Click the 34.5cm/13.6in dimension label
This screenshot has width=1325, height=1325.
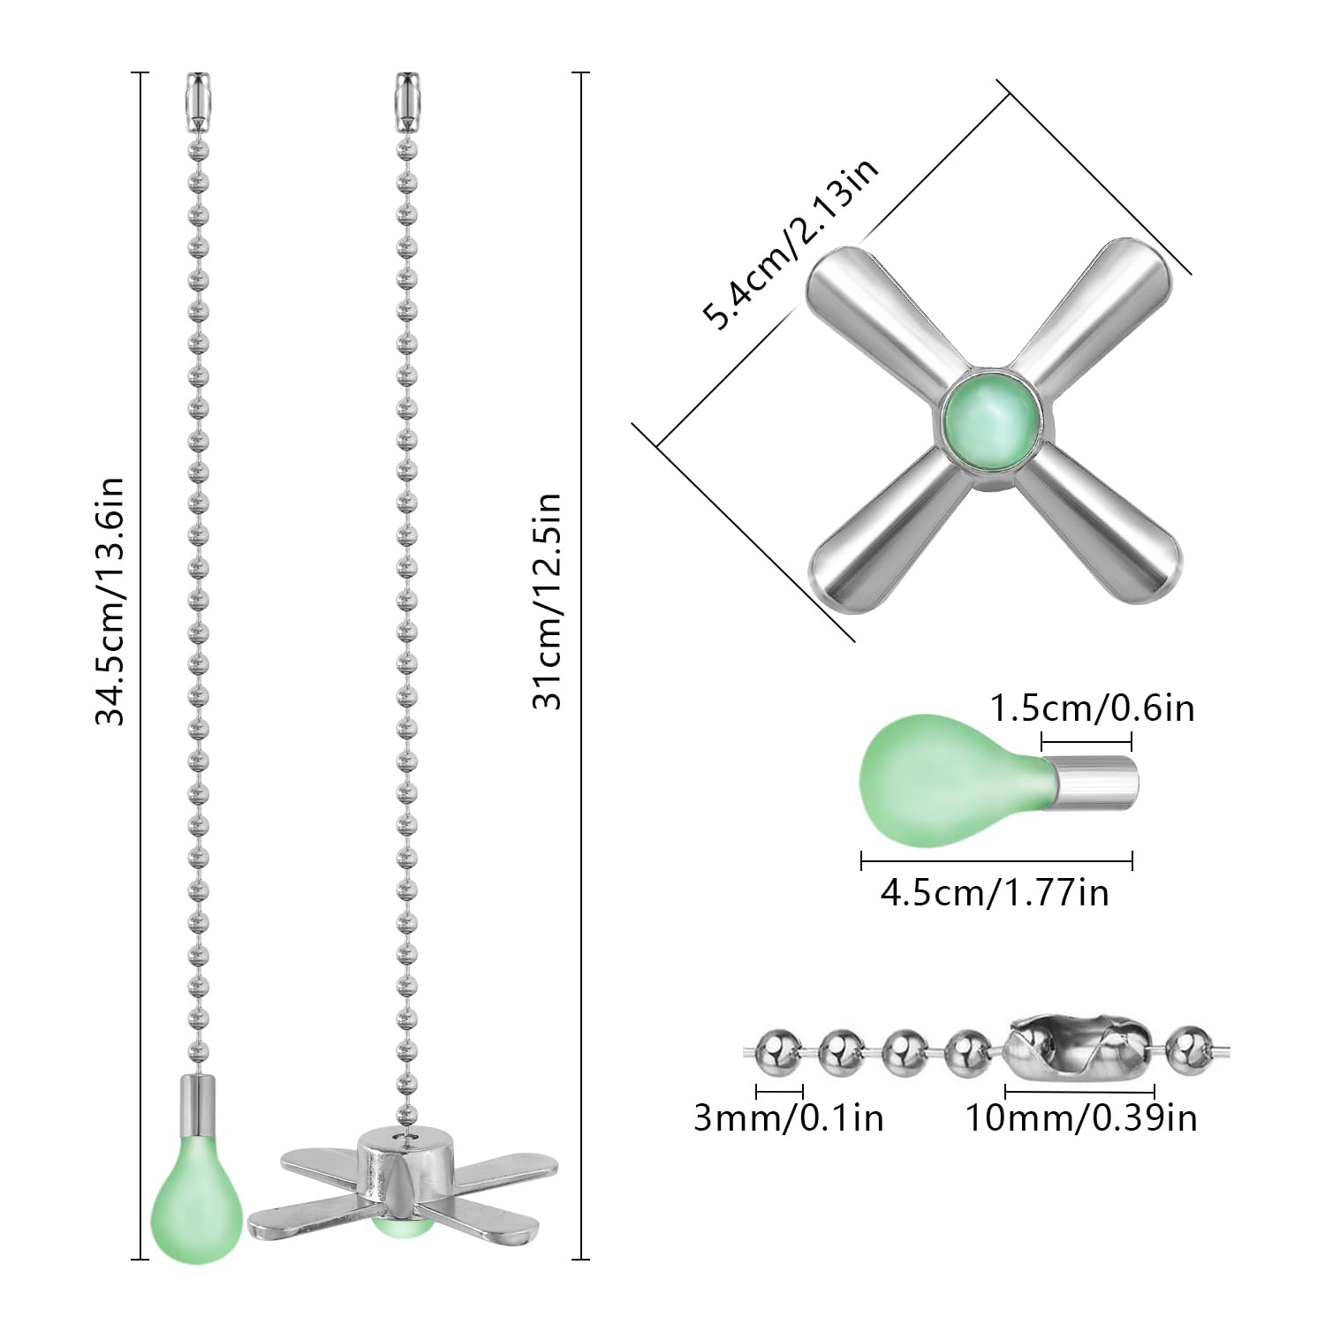pos(112,601)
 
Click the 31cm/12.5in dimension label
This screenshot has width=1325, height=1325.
pos(547,601)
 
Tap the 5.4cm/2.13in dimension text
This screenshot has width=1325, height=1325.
pos(791,242)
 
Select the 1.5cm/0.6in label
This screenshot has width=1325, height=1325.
pos(1092,708)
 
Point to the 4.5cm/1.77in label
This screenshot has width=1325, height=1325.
pos(995,893)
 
